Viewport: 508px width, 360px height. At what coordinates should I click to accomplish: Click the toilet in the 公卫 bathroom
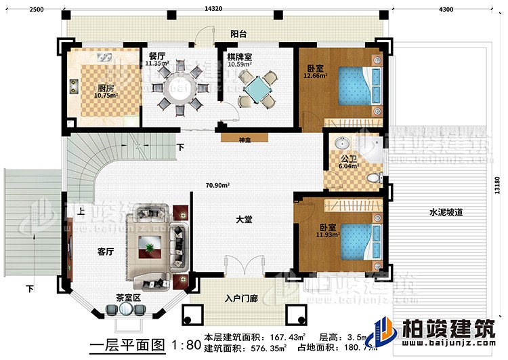373,178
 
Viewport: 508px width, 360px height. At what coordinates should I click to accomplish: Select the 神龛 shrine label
244,141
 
